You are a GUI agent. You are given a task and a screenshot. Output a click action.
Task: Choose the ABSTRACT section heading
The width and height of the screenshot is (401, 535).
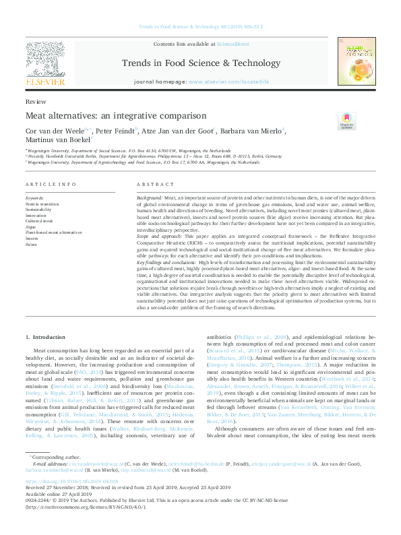point(150,184)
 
